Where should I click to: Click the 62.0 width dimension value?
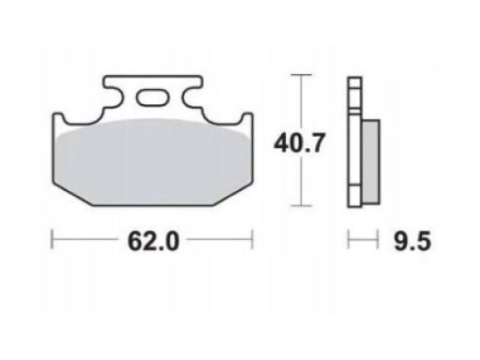click(154, 241)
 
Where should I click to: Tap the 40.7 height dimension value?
click(298, 143)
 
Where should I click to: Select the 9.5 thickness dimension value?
click(412, 241)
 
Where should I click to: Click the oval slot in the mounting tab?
click(153, 97)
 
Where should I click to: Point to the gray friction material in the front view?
click(153, 162)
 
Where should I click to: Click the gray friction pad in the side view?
click(371, 162)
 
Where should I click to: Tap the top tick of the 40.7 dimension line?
click(301, 75)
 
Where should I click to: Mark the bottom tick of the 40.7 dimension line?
click(301, 205)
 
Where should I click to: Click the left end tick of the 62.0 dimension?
click(52, 240)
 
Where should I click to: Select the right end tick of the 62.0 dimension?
click(252, 240)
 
